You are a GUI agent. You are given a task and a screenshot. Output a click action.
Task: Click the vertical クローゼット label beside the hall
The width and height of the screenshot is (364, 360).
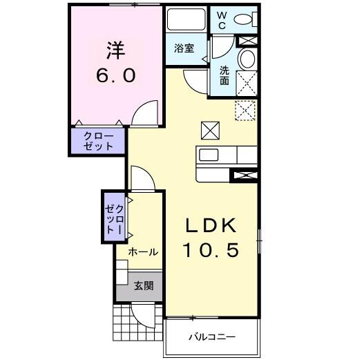tap(115, 218)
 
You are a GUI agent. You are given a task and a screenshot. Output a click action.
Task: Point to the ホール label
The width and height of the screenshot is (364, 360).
tap(144, 252)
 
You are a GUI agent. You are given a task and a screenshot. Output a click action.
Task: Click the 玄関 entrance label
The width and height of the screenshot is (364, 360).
tap(144, 285)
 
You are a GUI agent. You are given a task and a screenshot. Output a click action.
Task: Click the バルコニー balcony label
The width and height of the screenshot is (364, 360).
tap(212, 338)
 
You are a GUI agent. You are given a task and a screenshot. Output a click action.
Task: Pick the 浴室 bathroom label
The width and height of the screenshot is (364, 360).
tap(183, 48)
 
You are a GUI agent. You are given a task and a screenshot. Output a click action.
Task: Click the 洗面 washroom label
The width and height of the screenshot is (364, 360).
tap(224, 75)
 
